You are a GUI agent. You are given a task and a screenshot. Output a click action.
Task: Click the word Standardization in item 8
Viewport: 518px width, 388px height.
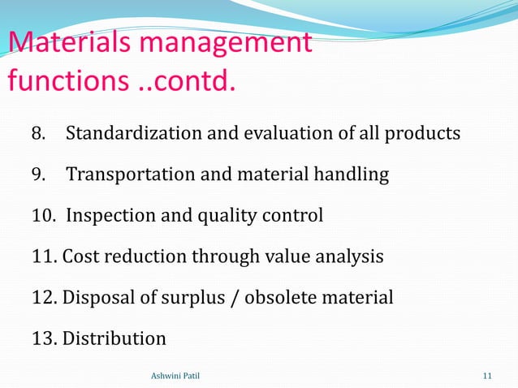click(x=131, y=132)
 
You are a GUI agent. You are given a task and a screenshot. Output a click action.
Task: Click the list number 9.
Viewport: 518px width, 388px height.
click(x=38, y=175)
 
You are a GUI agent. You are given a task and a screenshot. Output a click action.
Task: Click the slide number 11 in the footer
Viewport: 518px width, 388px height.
click(x=487, y=374)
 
